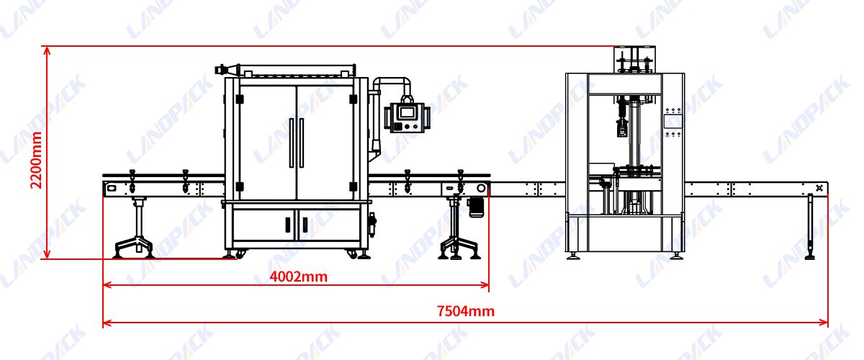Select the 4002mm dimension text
pyautogui.click(x=298, y=276)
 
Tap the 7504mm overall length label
pyautogui.click(x=466, y=312)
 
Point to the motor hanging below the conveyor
pyautogui.click(x=475, y=206)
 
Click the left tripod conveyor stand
pyautogui.click(x=135, y=230)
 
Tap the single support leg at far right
pyautogui.click(x=810, y=226)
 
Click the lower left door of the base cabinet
pyautogui.click(x=264, y=225)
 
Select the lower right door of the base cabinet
pyautogui.click(x=328, y=225)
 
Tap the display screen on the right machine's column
pyautogui.click(x=672, y=121)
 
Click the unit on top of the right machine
pyautogui.click(x=635, y=60)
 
